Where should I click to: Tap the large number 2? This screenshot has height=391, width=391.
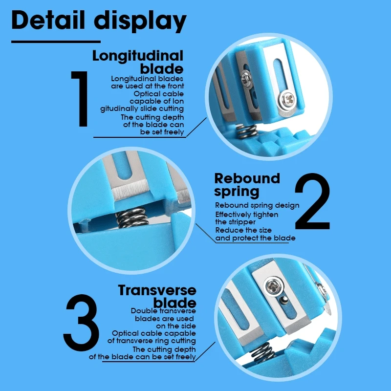click(312, 201)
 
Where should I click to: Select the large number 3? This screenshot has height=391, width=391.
click(82, 323)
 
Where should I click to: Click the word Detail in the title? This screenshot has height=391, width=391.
click(48, 20)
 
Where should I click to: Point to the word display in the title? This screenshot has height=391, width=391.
click(140, 22)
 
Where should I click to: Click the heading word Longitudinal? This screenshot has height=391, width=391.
click(138, 56)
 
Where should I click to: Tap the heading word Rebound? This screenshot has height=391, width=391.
click(247, 178)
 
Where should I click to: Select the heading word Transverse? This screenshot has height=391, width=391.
click(157, 290)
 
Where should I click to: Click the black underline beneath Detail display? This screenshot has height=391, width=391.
click(56, 42)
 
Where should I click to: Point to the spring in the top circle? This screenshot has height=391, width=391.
click(246, 131)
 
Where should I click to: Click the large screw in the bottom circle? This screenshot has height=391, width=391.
click(274, 287)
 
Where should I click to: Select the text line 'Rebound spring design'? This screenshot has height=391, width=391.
click(257, 205)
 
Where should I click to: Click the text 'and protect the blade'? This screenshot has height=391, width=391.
click(255, 238)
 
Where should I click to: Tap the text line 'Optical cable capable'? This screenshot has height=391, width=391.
click(154, 333)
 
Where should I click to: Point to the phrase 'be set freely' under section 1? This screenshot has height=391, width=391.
click(162, 132)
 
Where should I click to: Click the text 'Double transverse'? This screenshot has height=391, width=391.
click(163, 311)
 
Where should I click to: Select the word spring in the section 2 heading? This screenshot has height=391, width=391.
click(237, 192)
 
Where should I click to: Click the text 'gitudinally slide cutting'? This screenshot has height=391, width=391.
click(142, 109)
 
